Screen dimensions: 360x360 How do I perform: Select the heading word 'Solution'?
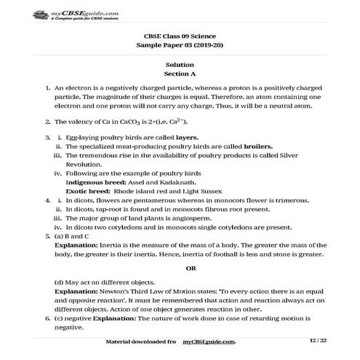[x=180, y=64]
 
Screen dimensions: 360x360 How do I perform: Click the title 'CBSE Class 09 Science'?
[x=180, y=35]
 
